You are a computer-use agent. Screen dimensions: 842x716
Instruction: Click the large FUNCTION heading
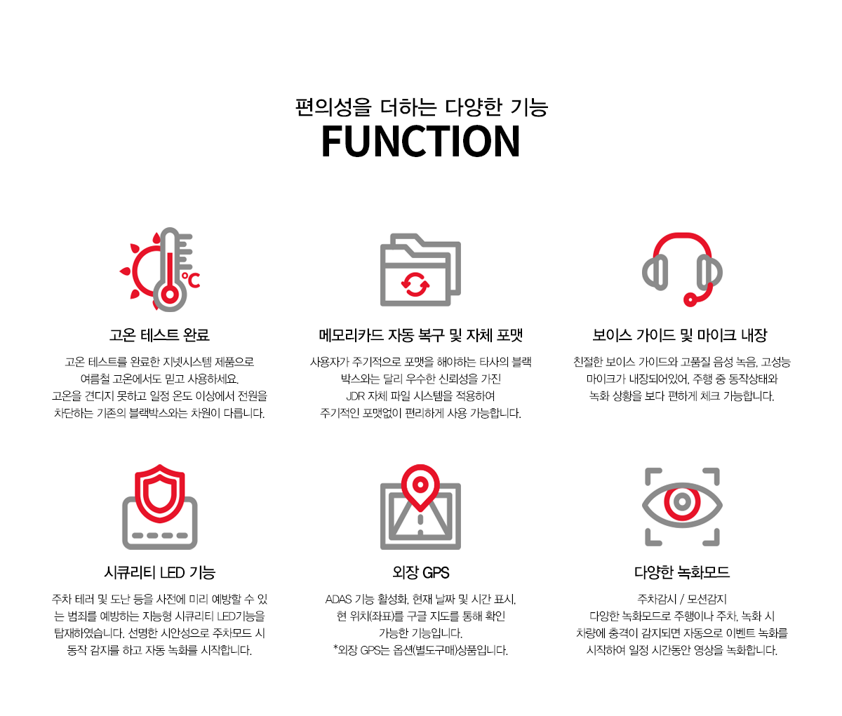coord(420,141)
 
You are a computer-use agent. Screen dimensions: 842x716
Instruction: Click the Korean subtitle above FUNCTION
coord(422,107)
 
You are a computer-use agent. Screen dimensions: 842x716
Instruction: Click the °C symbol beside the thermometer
coord(191,280)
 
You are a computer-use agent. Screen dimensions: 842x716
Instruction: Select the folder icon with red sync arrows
coord(420,269)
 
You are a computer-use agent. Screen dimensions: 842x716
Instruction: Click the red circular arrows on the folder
coord(415,284)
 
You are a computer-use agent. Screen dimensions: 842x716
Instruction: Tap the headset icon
coord(682,269)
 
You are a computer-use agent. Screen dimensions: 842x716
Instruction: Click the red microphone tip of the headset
coord(690,300)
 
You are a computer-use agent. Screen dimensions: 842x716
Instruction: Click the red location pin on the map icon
coord(420,487)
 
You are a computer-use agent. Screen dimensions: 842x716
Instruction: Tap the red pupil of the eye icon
coord(682,502)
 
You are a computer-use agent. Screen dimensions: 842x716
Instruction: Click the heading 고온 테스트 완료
coord(159,335)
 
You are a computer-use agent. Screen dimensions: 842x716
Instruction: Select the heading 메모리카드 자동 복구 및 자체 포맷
coord(421,335)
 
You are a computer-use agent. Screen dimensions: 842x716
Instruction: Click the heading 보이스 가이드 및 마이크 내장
coord(680,335)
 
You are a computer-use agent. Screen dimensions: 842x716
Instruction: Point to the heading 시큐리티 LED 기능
coord(160,573)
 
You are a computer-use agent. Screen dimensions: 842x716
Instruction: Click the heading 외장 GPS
coord(421,573)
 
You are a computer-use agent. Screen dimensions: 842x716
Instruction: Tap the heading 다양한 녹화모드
coord(682,573)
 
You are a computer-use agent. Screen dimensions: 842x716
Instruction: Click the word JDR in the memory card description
coord(356,396)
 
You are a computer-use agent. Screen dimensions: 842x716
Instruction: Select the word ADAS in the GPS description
coord(338,599)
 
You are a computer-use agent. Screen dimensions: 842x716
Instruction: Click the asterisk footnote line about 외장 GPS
coord(421,651)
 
